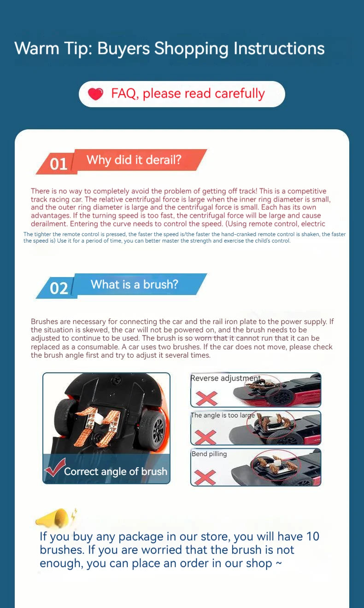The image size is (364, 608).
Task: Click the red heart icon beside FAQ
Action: [x=96, y=94]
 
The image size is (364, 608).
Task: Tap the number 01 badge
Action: [x=59, y=164]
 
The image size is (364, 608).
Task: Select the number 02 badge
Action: [x=59, y=288]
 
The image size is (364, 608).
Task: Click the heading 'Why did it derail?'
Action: [x=134, y=160]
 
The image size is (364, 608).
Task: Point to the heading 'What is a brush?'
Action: [x=134, y=284]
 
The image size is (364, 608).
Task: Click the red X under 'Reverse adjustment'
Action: [x=206, y=398]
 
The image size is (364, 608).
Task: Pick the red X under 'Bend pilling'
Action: [x=205, y=477]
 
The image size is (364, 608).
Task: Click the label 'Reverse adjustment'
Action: [x=226, y=378]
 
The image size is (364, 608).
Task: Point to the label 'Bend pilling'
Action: [x=209, y=454]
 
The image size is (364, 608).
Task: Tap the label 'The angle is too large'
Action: [x=223, y=415]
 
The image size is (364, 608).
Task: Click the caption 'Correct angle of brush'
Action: [x=116, y=471]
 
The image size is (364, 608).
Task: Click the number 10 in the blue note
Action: [x=312, y=537]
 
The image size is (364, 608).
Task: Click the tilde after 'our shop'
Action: [x=278, y=563]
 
